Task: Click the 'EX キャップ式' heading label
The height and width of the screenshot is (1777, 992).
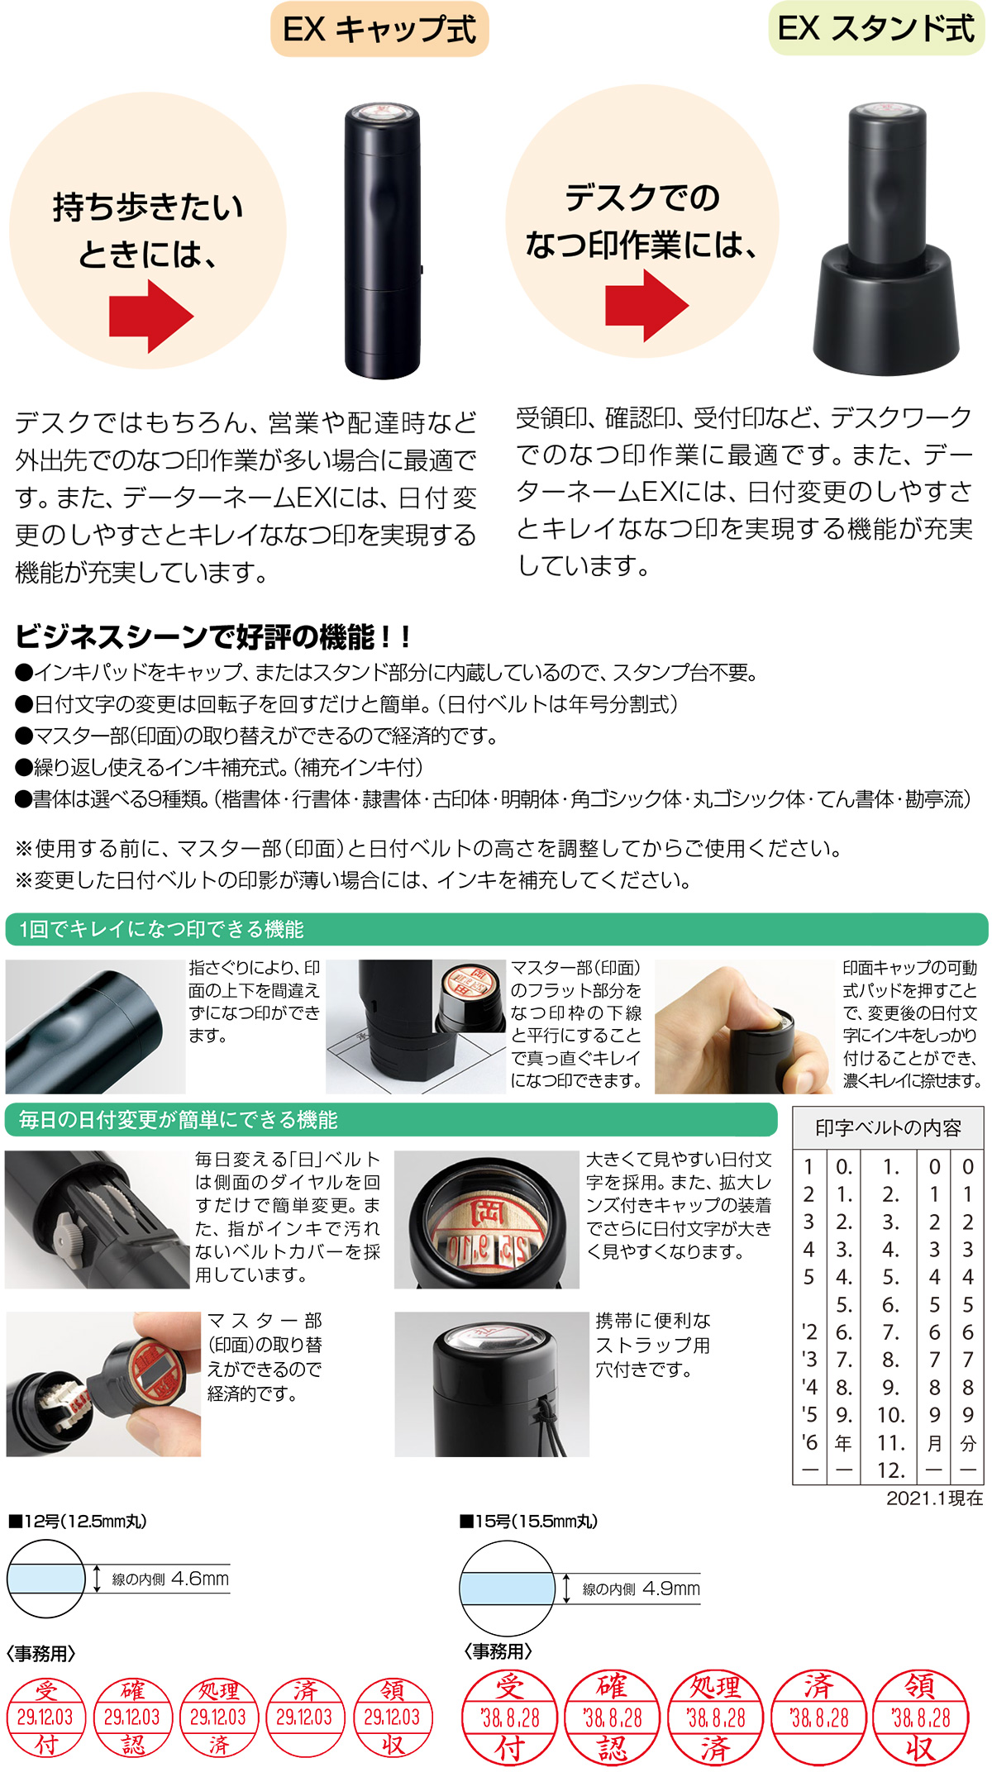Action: [x=379, y=30]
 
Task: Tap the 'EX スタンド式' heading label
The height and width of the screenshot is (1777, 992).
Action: [x=877, y=29]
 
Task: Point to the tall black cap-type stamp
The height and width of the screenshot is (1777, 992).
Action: [x=383, y=240]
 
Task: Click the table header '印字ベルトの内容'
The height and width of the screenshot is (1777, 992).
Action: [x=888, y=1128]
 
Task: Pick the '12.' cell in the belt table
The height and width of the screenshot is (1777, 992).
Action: [x=890, y=1470]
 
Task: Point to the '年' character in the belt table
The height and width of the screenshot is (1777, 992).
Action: [x=843, y=1443]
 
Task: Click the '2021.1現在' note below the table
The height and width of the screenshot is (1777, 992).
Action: [x=934, y=1498]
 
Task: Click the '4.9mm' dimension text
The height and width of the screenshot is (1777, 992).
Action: [x=670, y=1589]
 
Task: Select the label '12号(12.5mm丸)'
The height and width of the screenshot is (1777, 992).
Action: [x=83, y=1522]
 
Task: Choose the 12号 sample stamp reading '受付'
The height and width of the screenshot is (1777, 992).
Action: [x=46, y=1717]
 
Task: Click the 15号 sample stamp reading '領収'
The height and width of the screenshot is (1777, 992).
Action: [x=920, y=1717]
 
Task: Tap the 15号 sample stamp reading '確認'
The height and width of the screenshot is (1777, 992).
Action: [x=612, y=1717]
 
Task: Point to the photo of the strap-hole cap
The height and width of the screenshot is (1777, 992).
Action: [x=492, y=1384]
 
